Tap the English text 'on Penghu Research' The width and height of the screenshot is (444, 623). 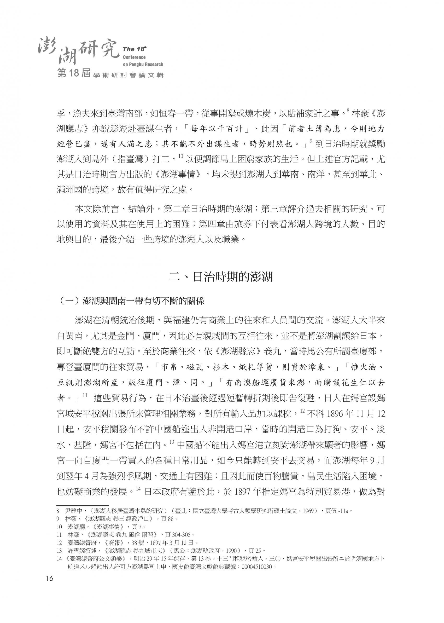tap(143, 65)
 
